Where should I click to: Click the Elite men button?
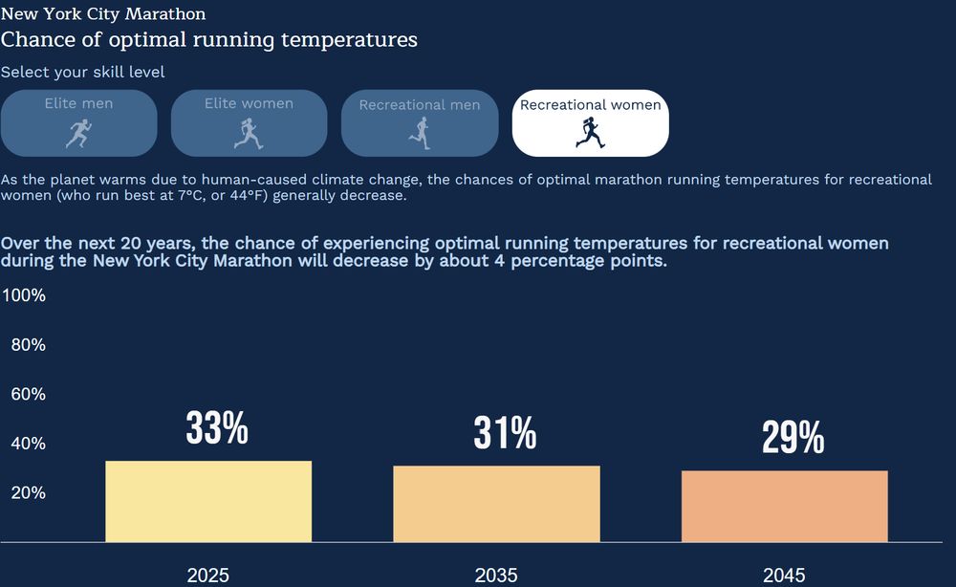[78, 122]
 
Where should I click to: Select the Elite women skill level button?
[249, 122]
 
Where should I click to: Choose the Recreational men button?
[420, 122]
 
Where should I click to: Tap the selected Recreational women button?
[590, 122]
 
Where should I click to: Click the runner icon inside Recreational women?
[590, 133]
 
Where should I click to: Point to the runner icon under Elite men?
[78, 133]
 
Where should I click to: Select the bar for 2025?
[208, 502]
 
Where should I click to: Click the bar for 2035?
[496, 504]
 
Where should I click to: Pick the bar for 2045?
[784, 507]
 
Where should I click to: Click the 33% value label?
[217, 429]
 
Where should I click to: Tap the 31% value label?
[505, 434]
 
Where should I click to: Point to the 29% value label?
[793, 439]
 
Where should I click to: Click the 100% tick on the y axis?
[24, 295]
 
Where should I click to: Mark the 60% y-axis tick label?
[28, 394]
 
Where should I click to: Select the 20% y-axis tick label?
[28, 492]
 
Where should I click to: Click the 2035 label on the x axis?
[496, 576]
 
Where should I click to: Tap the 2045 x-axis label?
[784, 576]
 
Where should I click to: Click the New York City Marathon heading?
[103, 14]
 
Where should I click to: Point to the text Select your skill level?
[83, 73]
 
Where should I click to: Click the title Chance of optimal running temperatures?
[209, 40]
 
